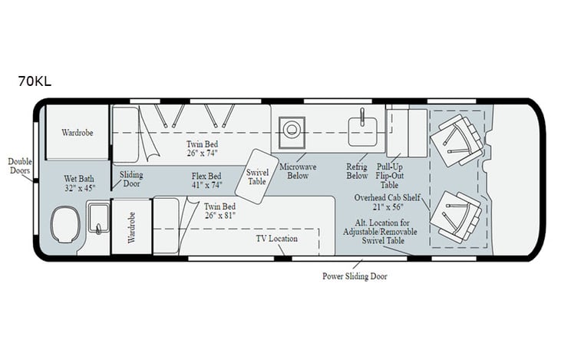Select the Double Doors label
[20, 166]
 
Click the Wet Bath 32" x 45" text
[80, 183]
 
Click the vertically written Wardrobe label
[130, 228]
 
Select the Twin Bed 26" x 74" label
[203, 148]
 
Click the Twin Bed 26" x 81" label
[219, 212]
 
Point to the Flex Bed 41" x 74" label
[208, 180]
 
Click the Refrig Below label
[357, 170]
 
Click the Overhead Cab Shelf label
[388, 202]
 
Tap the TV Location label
[276, 239]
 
